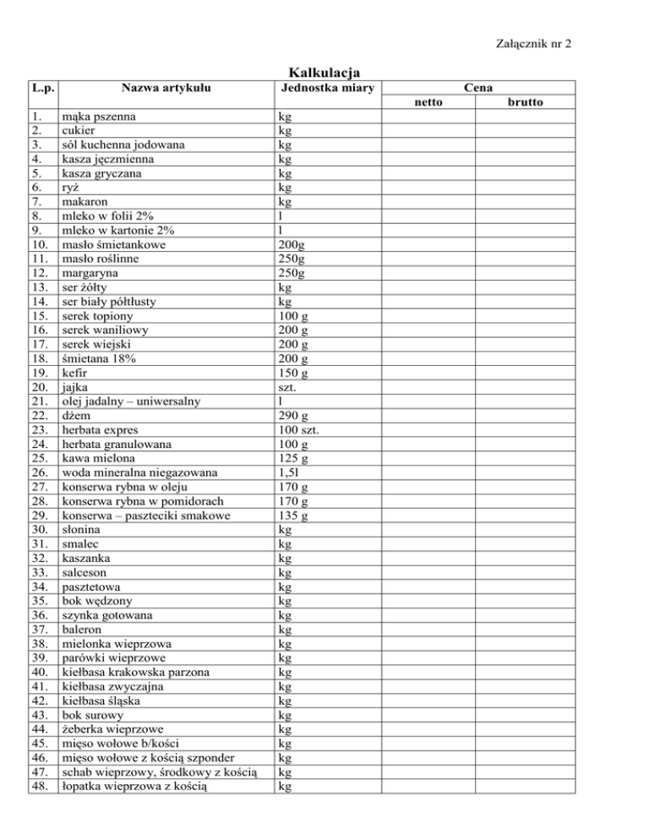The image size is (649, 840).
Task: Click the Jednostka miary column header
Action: pyautogui.click(x=324, y=87)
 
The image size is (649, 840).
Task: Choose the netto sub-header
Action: pyautogui.click(x=432, y=102)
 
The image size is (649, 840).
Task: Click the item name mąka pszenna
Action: pyautogui.click(x=101, y=116)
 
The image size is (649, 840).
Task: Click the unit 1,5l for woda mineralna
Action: pyautogui.click(x=290, y=472)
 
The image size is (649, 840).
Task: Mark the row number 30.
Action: pyautogui.click(x=37, y=530)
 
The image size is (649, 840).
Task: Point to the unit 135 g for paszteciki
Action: pyautogui.click(x=294, y=515)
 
